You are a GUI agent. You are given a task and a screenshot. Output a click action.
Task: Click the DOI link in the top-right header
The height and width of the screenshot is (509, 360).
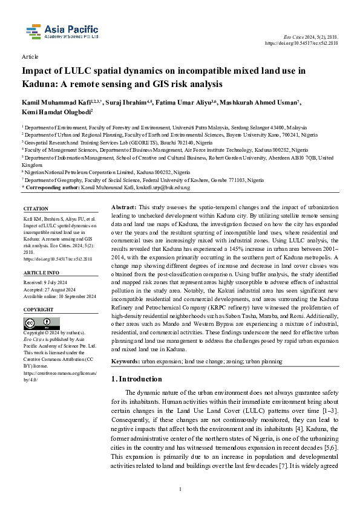[x=302, y=44]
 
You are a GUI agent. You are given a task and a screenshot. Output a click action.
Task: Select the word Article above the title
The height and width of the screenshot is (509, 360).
[x=30, y=56]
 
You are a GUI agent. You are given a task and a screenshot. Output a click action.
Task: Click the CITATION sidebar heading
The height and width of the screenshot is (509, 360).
[x=35, y=209]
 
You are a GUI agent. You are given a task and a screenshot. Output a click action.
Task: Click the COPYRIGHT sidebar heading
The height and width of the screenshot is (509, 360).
[x=38, y=309]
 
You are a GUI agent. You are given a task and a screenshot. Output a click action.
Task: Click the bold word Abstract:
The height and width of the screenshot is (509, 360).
[x=126, y=207]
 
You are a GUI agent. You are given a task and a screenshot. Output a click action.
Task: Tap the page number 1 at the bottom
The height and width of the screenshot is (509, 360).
[x=180, y=488]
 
